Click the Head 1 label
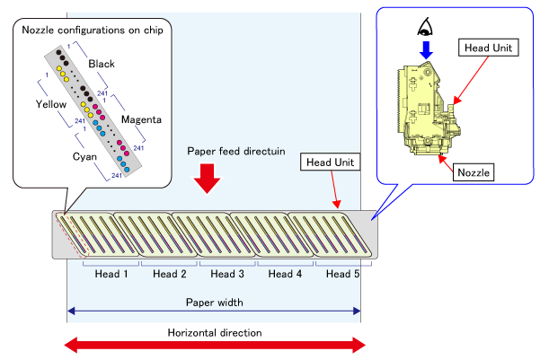[x=111, y=273]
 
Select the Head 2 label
[x=170, y=273]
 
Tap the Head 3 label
[x=227, y=273]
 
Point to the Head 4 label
[x=286, y=273]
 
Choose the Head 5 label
[x=342, y=273]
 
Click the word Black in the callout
[x=102, y=64]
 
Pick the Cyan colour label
[x=87, y=155]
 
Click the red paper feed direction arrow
[x=208, y=177]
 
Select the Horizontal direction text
[x=214, y=332]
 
